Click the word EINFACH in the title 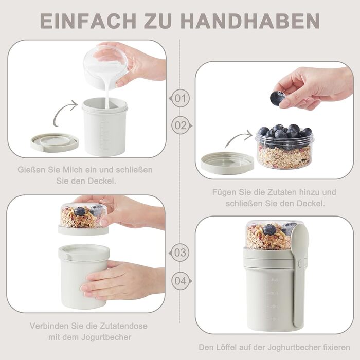pyautogui.click(x=88, y=21)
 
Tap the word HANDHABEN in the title pyautogui.click(x=250, y=21)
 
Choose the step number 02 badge pyautogui.click(x=182, y=125)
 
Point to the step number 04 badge pyautogui.click(x=182, y=281)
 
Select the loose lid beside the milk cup pyautogui.click(x=55, y=143)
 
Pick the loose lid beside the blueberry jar pyautogui.click(x=227, y=163)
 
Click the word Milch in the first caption pyautogui.click(x=73, y=170)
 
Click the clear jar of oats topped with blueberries pyautogui.click(x=284, y=147)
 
